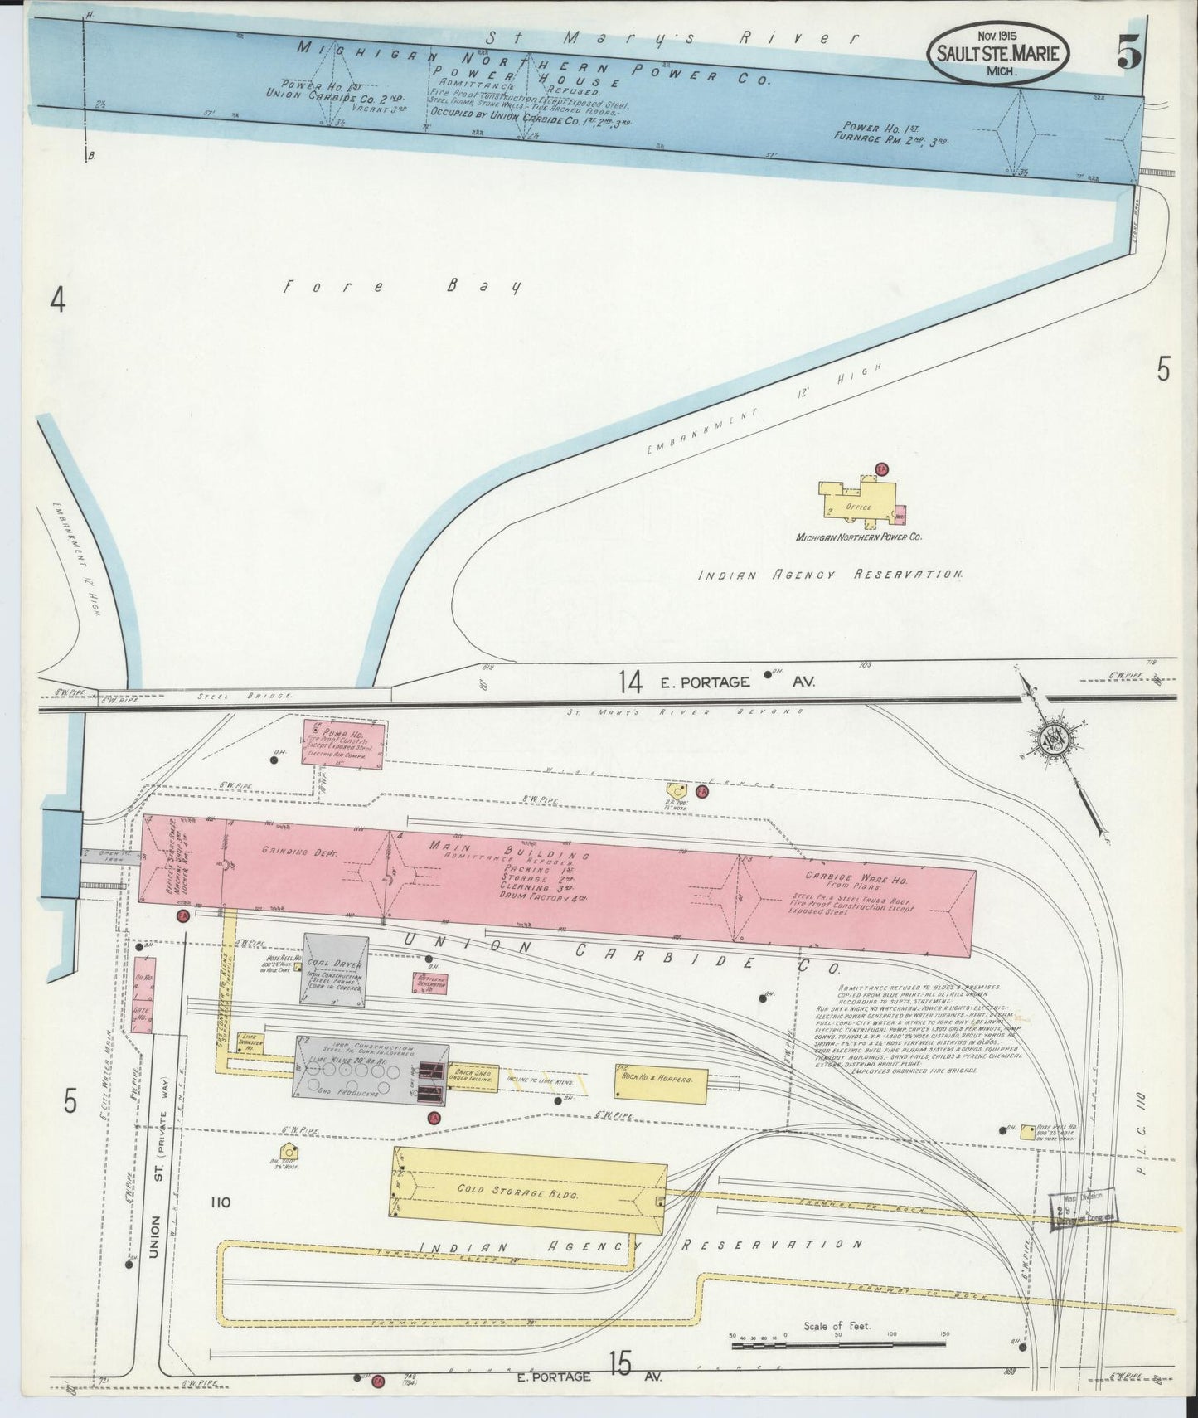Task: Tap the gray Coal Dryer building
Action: [336, 968]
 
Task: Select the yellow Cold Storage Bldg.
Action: [529, 1190]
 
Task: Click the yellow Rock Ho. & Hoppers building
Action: [661, 1080]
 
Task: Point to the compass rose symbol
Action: [1051, 741]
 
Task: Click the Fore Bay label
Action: [402, 287]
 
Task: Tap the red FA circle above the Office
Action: [882, 469]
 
